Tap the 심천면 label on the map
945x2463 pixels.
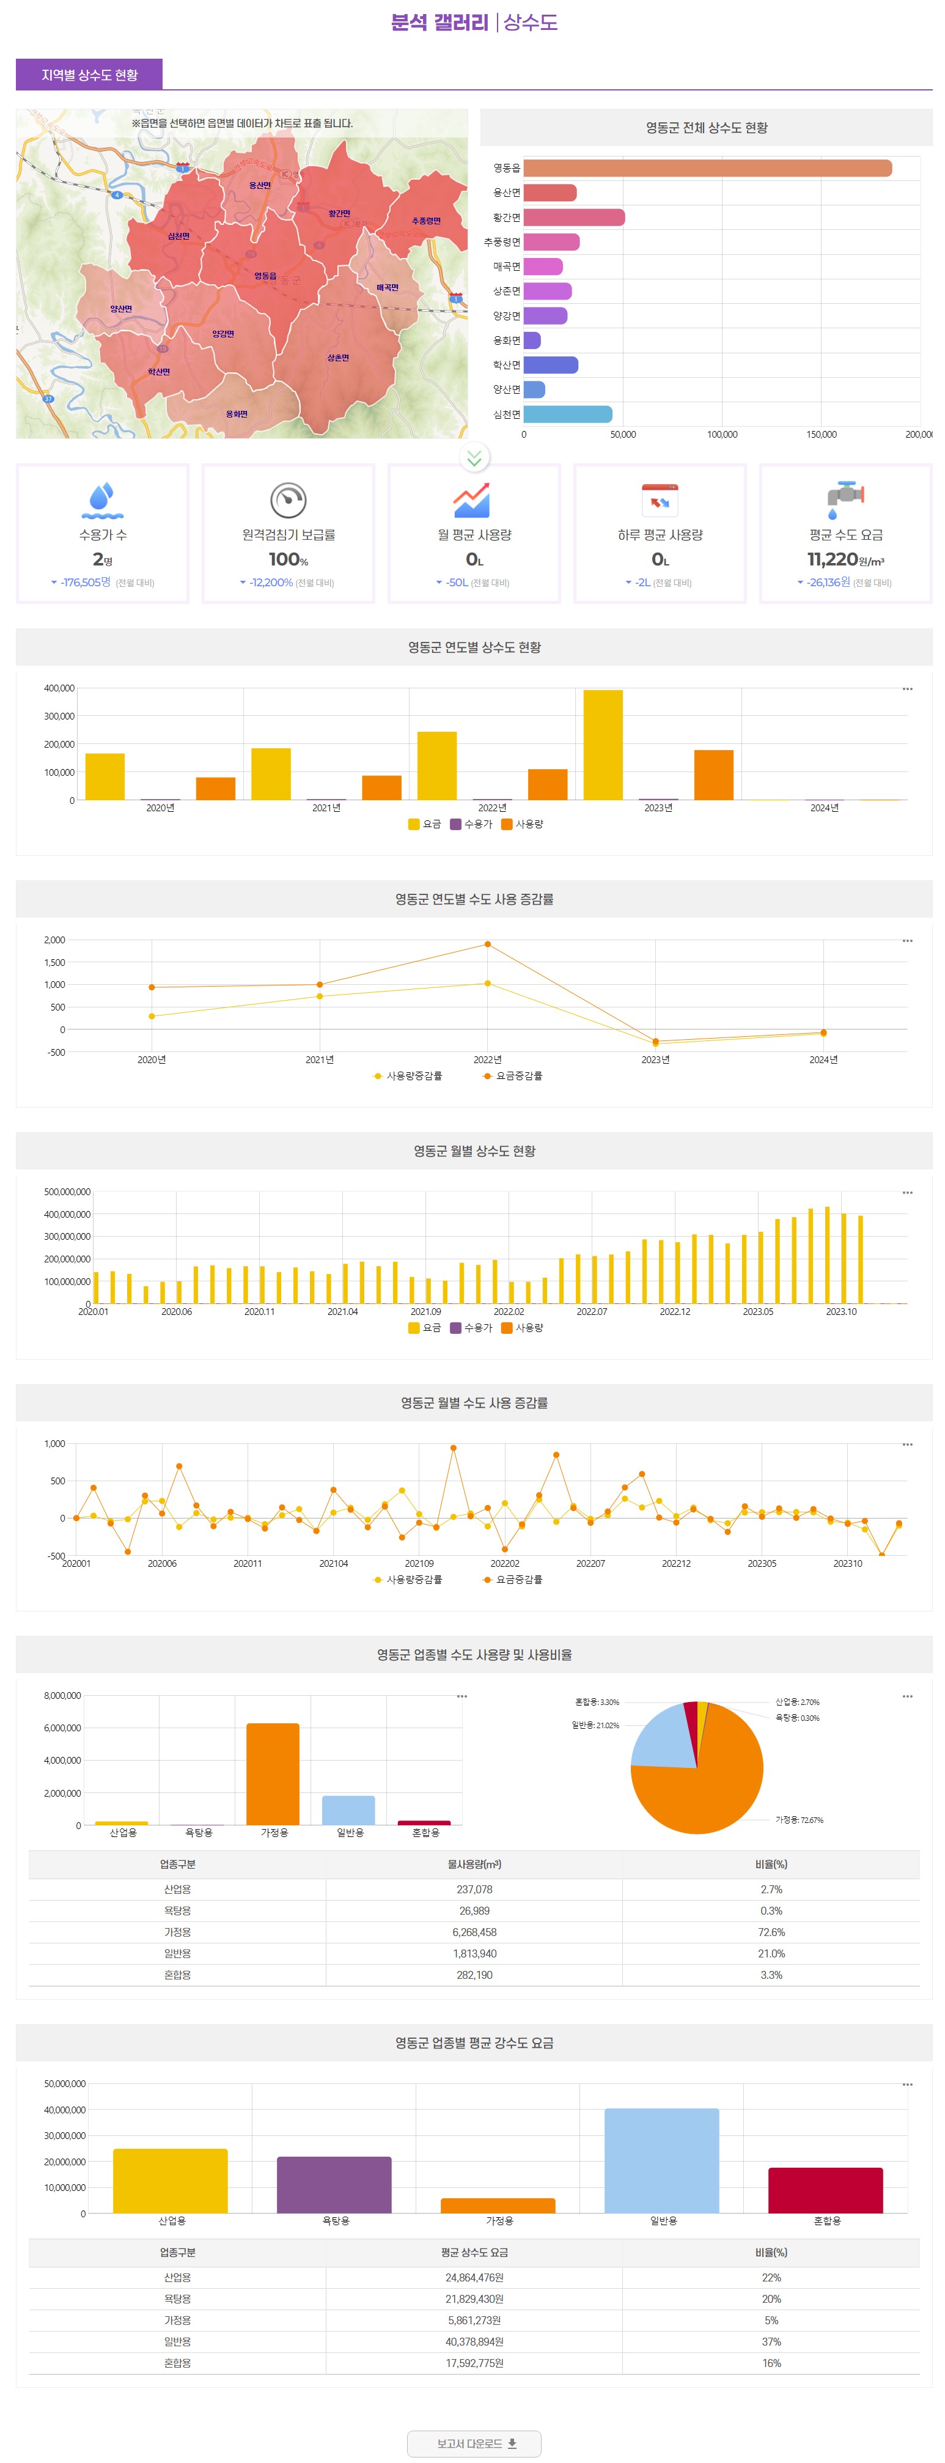tap(179, 236)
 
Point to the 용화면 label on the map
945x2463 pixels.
tap(236, 414)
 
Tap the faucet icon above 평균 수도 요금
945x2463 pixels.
tap(845, 499)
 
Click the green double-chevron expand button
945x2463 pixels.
tap(474, 458)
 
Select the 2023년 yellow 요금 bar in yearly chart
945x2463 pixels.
tap(603, 745)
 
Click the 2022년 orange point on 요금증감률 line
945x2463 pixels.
tap(488, 944)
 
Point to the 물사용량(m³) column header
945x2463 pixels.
tap(474, 1865)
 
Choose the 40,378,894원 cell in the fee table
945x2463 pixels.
tap(474, 2341)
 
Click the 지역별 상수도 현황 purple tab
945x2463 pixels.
tap(89, 75)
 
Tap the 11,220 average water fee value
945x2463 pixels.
tap(832, 559)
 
